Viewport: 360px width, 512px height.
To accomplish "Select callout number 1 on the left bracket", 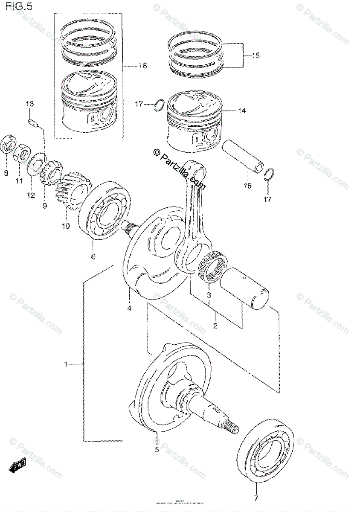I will [66, 364].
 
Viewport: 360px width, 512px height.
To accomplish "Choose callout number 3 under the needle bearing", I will [209, 295].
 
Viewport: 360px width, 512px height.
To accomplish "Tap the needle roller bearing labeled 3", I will [214, 268].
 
